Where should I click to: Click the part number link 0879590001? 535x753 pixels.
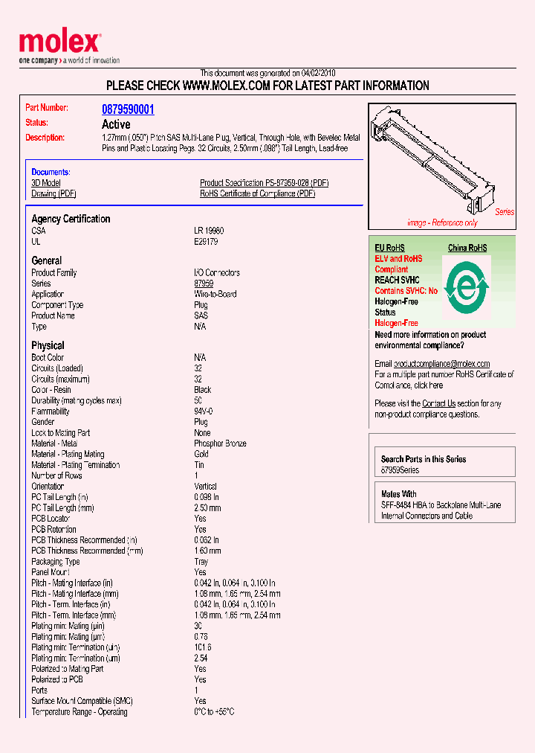(128, 109)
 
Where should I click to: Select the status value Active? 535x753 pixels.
(116, 124)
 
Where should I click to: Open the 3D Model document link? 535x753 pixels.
(46, 183)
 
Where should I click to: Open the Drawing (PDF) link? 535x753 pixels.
(53, 193)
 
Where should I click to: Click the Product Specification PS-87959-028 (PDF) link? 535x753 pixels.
(264, 183)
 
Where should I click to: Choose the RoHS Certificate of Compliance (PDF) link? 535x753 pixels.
(257, 193)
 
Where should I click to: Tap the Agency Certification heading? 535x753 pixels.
(71, 219)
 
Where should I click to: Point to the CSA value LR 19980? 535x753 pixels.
(209, 231)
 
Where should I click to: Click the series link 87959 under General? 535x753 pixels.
(204, 283)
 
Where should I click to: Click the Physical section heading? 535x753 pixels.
(48, 345)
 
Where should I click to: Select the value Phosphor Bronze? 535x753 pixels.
(220, 443)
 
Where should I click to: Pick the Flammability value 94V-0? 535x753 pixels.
(204, 411)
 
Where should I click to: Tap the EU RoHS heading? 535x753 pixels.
(389, 248)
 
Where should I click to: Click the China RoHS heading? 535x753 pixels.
(467, 248)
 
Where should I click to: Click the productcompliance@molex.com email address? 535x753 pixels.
(441, 364)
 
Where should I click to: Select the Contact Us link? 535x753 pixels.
(438, 403)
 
